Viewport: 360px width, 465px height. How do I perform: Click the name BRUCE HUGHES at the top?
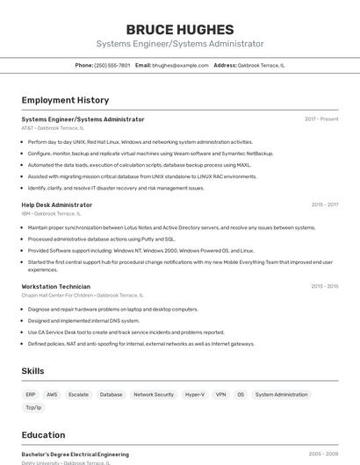pyautogui.click(x=179, y=29)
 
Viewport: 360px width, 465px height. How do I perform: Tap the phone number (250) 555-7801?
pyautogui.click(x=112, y=65)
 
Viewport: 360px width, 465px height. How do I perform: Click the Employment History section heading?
pyautogui.click(x=65, y=100)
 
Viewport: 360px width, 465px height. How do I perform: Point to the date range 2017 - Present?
pyautogui.click(x=321, y=119)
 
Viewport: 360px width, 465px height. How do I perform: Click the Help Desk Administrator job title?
pyautogui.click(x=56, y=204)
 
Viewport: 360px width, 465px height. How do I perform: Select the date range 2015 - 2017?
pyautogui.click(x=325, y=204)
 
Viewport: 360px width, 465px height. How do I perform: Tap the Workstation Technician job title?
pyautogui.click(x=55, y=286)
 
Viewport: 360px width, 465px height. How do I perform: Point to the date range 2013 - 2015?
pyautogui.click(x=325, y=286)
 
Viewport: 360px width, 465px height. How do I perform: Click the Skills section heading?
pyautogui.click(x=32, y=371)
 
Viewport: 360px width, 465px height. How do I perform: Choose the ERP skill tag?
pyautogui.click(x=31, y=395)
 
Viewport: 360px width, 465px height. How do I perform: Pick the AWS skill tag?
pyautogui.click(x=52, y=395)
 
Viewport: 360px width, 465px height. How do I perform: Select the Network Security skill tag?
pyautogui.click(x=154, y=395)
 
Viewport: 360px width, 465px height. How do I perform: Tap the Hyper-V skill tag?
pyautogui.click(x=195, y=395)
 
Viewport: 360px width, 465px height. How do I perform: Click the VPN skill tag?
pyautogui.click(x=220, y=395)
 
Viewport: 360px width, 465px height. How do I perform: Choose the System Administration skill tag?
pyautogui.click(x=281, y=395)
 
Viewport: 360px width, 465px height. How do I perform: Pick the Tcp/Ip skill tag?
pyautogui.click(x=33, y=407)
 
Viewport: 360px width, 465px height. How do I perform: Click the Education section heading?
pyautogui.click(x=43, y=435)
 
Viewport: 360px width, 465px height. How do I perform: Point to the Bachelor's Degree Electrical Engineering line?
pyautogui.click(x=75, y=454)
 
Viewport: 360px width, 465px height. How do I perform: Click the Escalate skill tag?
pyautogui.click(x=78, y=395)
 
